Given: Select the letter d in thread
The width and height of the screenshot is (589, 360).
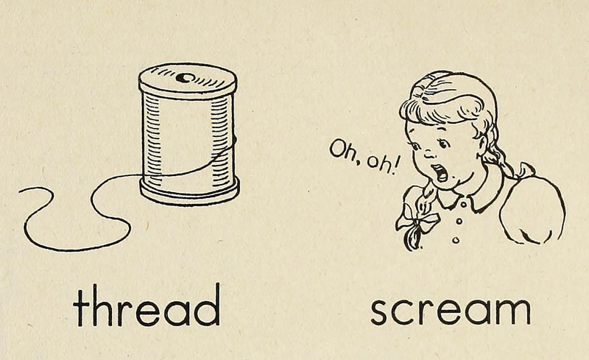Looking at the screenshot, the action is [x=207, y=305].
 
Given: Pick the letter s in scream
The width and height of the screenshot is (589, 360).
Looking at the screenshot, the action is [x=380, y=311].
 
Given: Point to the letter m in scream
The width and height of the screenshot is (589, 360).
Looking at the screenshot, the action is [x=513, y=311].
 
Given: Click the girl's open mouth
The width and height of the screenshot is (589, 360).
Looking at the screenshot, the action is [x=440, y=172].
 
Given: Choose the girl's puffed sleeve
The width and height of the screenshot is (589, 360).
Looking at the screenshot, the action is [x=532, y=211].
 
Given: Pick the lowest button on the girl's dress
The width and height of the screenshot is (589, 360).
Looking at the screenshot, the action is [x=456, y=239].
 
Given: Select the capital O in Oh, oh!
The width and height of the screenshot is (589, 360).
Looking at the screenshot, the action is [x=336, y=148].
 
